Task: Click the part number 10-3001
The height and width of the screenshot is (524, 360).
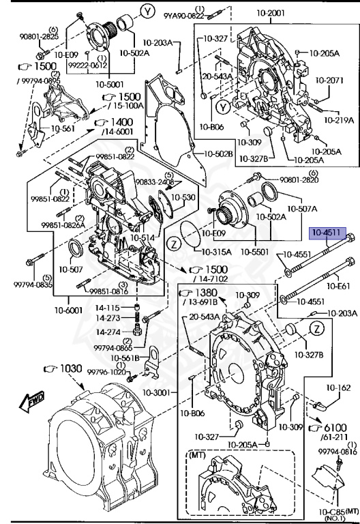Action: click(x=163, y=394)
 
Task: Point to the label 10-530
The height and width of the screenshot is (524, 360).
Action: click(x=183, y=196)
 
